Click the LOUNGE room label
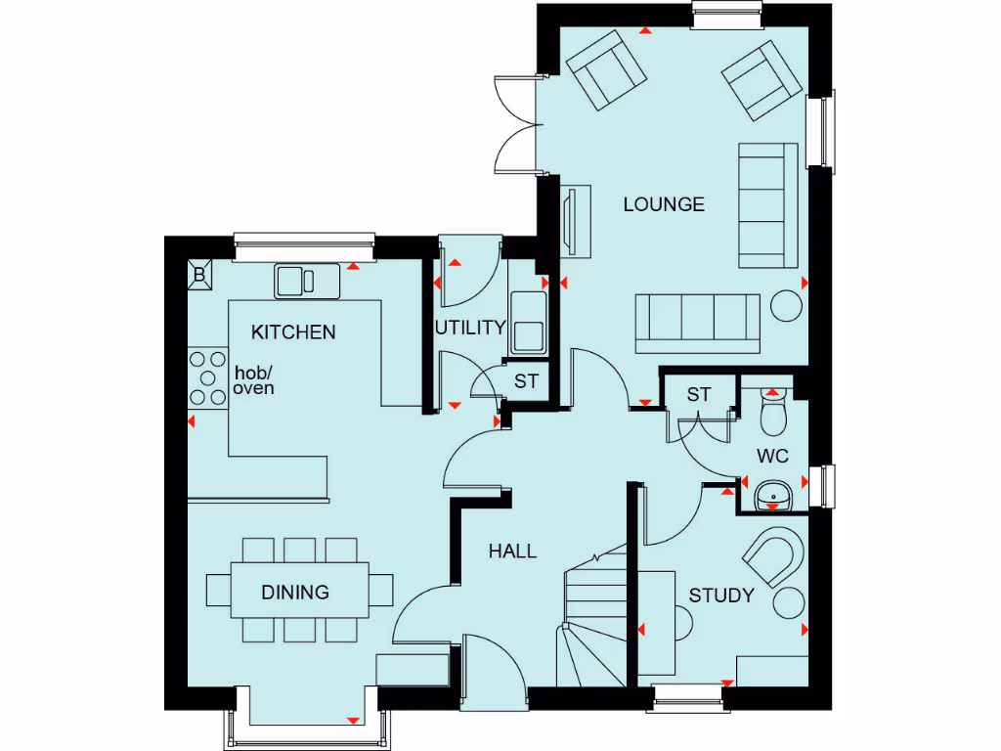664,204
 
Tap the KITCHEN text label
293,332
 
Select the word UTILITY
470,328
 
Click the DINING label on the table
294,592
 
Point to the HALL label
512,552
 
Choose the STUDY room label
721,596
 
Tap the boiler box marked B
199,275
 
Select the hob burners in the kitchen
206,376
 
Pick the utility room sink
528,323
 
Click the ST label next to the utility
526,381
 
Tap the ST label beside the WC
698,395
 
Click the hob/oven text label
253,380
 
